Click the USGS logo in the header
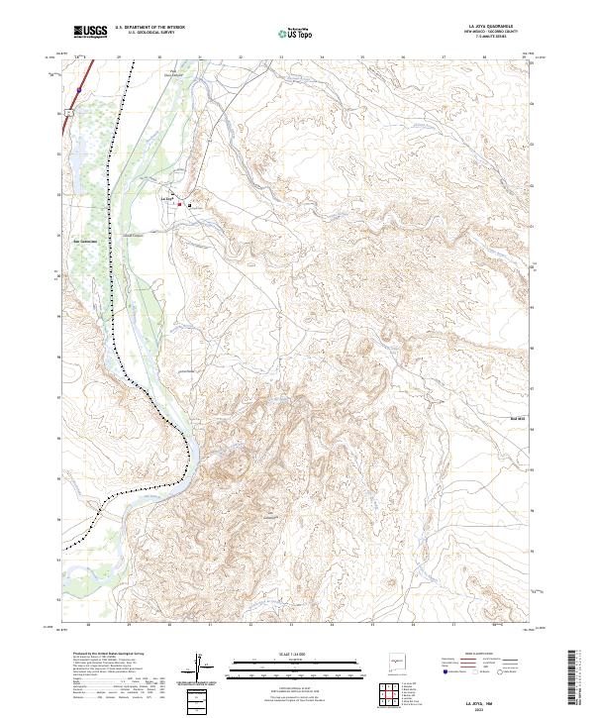tap(90, 32)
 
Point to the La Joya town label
tap(166, 201)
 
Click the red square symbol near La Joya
tap(179, 205)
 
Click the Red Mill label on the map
tap(516, 420)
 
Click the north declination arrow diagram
tap(200, 666)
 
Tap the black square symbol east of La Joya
tap(190, 206)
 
